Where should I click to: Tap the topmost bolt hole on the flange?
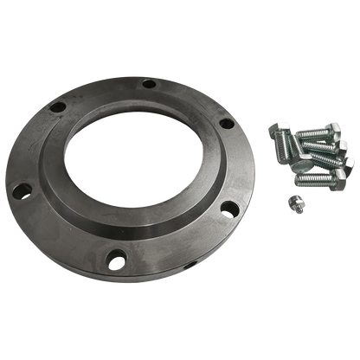(x=149, y=84)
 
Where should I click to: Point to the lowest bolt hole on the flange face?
(x=112, y=257)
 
